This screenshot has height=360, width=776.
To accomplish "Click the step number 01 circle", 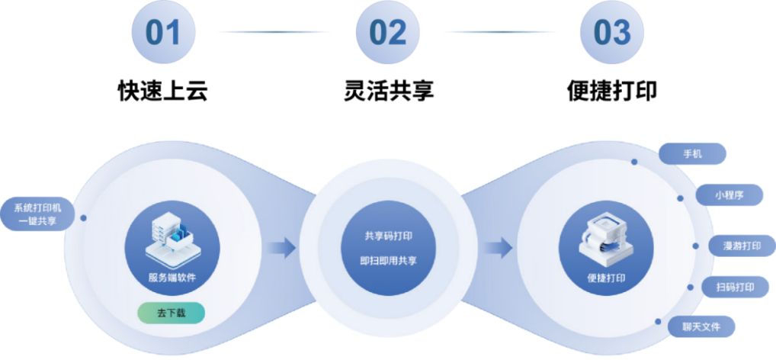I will (164, 32).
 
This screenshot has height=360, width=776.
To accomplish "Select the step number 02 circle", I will (388, 32).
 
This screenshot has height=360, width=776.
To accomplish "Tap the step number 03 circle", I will (612, 32).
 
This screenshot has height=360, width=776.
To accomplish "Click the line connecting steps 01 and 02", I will (274, 32).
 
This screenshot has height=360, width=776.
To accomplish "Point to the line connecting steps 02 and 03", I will (500, 32).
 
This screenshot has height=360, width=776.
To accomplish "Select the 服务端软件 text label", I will (172, 278).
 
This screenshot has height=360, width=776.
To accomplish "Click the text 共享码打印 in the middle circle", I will (389, 236).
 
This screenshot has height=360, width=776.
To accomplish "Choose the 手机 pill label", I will (692, 153).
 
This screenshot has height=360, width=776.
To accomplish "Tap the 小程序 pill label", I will (730, 194).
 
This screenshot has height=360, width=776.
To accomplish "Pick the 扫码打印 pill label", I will (736, 287).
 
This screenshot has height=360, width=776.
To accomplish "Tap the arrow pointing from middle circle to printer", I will (501, 247).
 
